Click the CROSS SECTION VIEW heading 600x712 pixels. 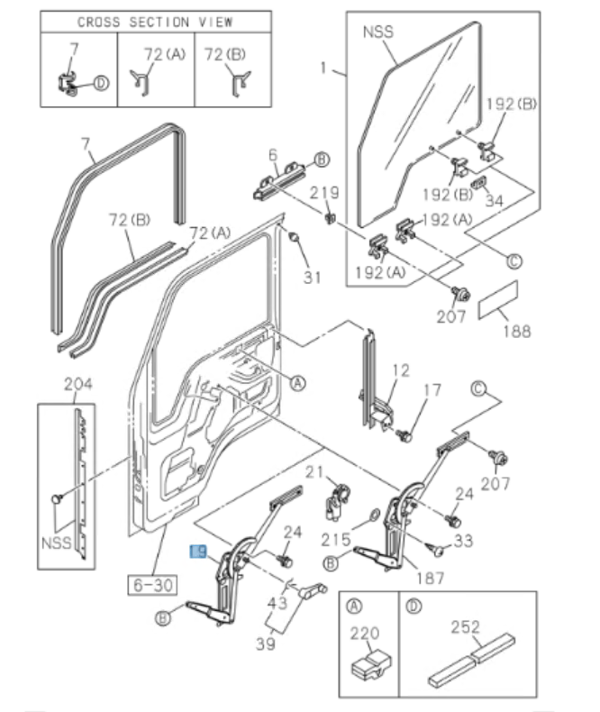pyautogui.click(x=155, y=22)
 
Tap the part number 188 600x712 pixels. pyautogui.click(x=516, y=331)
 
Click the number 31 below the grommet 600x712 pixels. pyautogui.click(x=312, y=277)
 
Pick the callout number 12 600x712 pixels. pyautogui.click(x=400, y=370)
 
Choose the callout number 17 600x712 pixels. pyautogui.click(x=433, y=390)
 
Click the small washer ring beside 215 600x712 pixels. pyautogui.click(x=372, y=518)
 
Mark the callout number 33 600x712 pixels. pyautogui.click(x=463, y=541)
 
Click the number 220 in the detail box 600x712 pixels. pyautogui.click(x=365, y=634)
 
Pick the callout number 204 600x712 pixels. pyautogui.click(x=78, y=385)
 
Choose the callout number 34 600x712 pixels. pyautogui.click(x=494, y=200)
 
